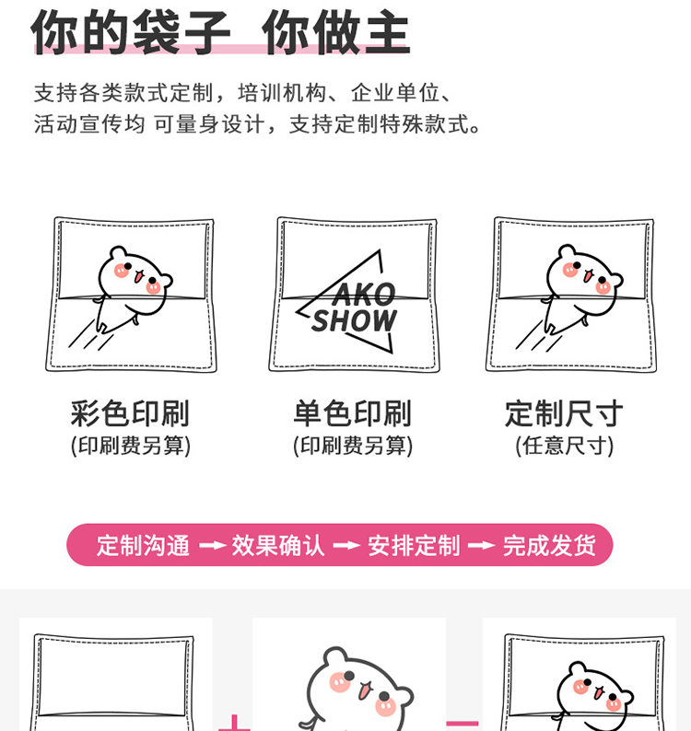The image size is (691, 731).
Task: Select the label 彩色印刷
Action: [x=130, y=412]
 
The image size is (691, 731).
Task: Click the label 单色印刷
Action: [x=353, y=412]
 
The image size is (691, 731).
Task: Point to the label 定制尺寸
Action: [x=564, y=412]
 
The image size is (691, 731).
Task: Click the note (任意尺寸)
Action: [x=564, y=446]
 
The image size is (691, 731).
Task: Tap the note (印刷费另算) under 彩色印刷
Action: [x=130, y=446]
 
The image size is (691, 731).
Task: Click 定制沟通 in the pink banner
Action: [x=143, y=545]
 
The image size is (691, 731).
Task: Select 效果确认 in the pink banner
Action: [x=278, y=545]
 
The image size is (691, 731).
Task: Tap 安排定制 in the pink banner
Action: [x=414, y=545]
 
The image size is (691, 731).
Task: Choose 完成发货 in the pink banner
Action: [x=549, y=545]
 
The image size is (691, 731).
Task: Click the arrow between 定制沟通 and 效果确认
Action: [x=212, y=545]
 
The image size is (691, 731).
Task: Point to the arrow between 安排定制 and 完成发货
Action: [x=481, y=545]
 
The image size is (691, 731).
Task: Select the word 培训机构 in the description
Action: [x=280, y=93]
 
